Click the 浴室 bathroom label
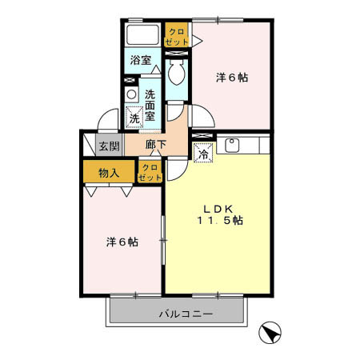tap(141, 59)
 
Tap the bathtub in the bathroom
tap(143, 35)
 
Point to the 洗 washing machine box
tap(134, 118)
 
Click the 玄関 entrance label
tap(109, 146)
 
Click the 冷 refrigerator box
tap(204, 151)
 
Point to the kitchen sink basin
tap(234, 146)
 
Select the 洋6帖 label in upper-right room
tap(232, 78)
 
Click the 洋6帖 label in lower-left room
tap(122, 241)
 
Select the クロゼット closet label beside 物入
tap(149, 171)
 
